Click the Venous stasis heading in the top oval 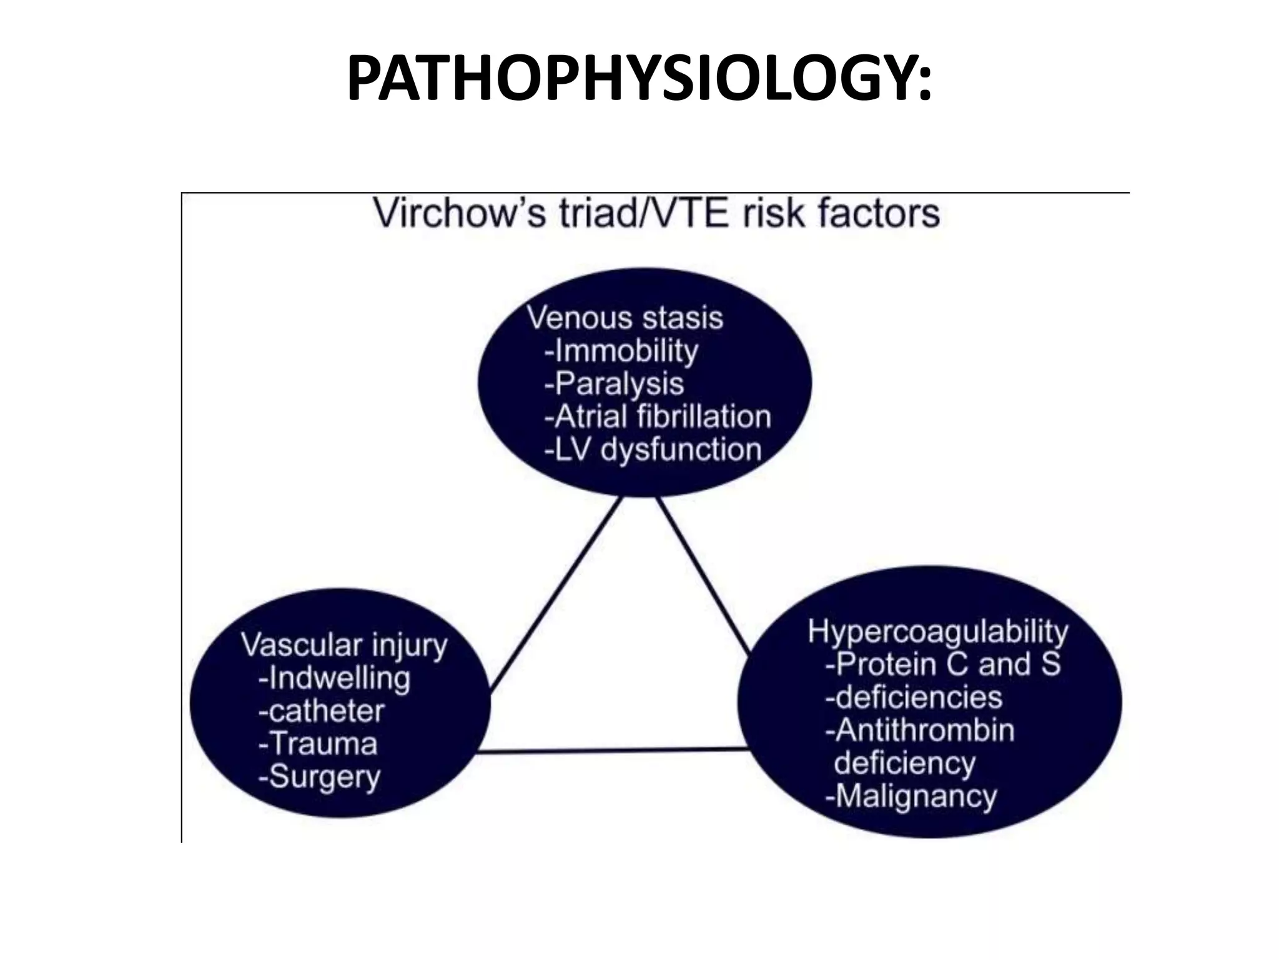[x=625, y=317]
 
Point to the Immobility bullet [x=621, y=351]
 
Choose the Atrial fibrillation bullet [x=658, y=417]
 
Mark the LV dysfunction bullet [x=653, y=450]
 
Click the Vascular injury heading [x=344, y=646]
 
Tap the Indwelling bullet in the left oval [x=335, y=679]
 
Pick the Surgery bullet [x=319, y=777]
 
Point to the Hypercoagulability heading [x=938, y=632]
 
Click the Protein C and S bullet [x=943, y=664]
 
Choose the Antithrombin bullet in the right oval [x=920, y=731]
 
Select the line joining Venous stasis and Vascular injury [x=556, y=594]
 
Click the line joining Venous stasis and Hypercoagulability [x=703, y=575]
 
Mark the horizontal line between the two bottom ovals [x=612, y=751]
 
